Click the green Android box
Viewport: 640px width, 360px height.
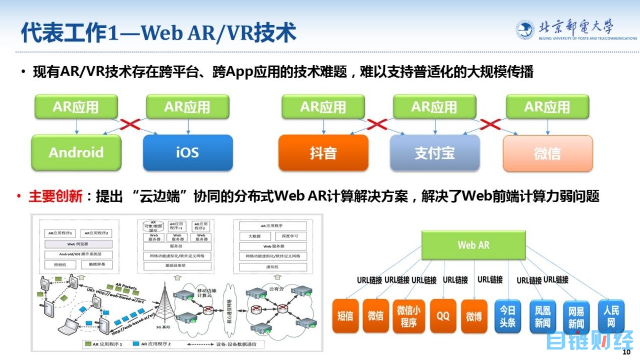click(x=76, y=152)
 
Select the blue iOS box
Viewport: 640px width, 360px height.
click(x=188, y=152)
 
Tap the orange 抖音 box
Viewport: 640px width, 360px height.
click(x=323, y=153)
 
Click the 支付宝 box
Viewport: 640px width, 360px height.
click(x=434, y=153)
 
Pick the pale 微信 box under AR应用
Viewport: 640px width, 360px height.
click(x=547, y=153)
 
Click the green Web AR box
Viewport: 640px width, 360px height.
click(x=474, y=246)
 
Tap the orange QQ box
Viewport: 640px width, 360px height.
click(x=443, y=316)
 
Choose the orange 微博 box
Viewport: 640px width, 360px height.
click(x=474, y=316)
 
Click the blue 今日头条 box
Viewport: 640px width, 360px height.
click(x=508, y=316)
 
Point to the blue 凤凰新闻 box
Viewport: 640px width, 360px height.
click(x=542, y=317)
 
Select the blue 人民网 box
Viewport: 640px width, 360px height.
click(x=611, y=316)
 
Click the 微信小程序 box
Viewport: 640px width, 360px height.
click(x=409, y=316)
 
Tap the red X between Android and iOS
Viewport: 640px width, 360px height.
click(x=132, y=124)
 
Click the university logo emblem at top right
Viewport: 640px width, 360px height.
click(x=525, y=30)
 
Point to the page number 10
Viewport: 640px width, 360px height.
click(x=627, y=352)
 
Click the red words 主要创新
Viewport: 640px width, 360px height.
click(x=55, y=197)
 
